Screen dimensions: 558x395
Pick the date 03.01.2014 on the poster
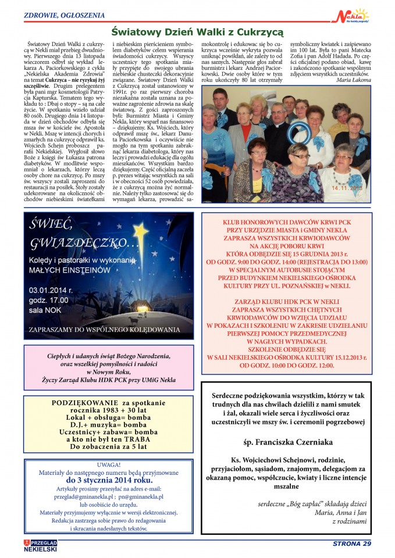click(51, 289)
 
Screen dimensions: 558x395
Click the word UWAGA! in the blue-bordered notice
click(108, 465)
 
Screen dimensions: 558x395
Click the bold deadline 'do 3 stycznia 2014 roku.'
click(109, 481)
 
